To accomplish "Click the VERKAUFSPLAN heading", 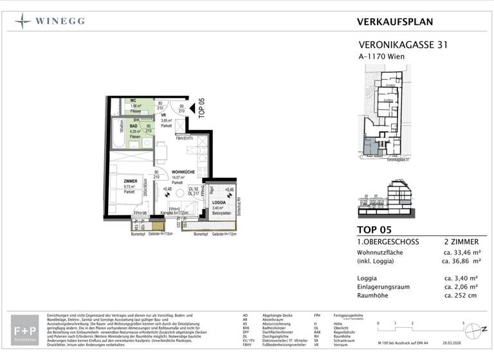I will click(x=394, y=21).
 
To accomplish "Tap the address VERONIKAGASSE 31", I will click(x=402, y=46).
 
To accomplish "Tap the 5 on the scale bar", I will click(x=464, y=323).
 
